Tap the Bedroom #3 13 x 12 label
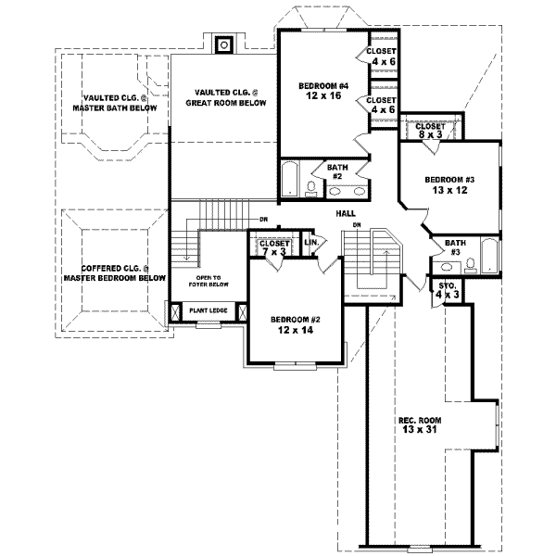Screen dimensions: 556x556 (x=449, y=185)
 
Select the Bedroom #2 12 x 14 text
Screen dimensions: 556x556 (x=293, y=323)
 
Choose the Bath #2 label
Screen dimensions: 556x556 (x=335, y=171)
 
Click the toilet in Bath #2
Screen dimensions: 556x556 (x=311, y=190)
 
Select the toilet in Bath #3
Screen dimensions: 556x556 (x=471, y=265)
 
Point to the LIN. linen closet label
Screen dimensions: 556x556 (x=312, y=243)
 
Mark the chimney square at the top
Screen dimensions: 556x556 (x=223, y=44)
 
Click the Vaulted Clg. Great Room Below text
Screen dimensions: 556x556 (x=225, y=97)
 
